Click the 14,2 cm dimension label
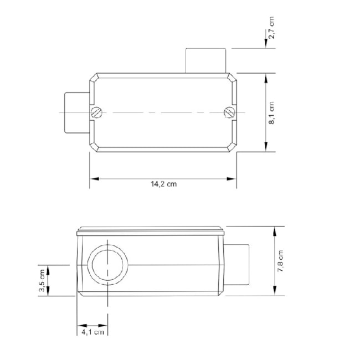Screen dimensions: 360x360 163,185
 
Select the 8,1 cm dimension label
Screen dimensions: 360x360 271,114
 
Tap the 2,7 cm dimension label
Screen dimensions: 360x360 271,28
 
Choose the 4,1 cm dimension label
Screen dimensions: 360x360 92,332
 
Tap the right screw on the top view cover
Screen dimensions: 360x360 230,112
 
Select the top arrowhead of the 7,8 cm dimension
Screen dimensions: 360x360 275,230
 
